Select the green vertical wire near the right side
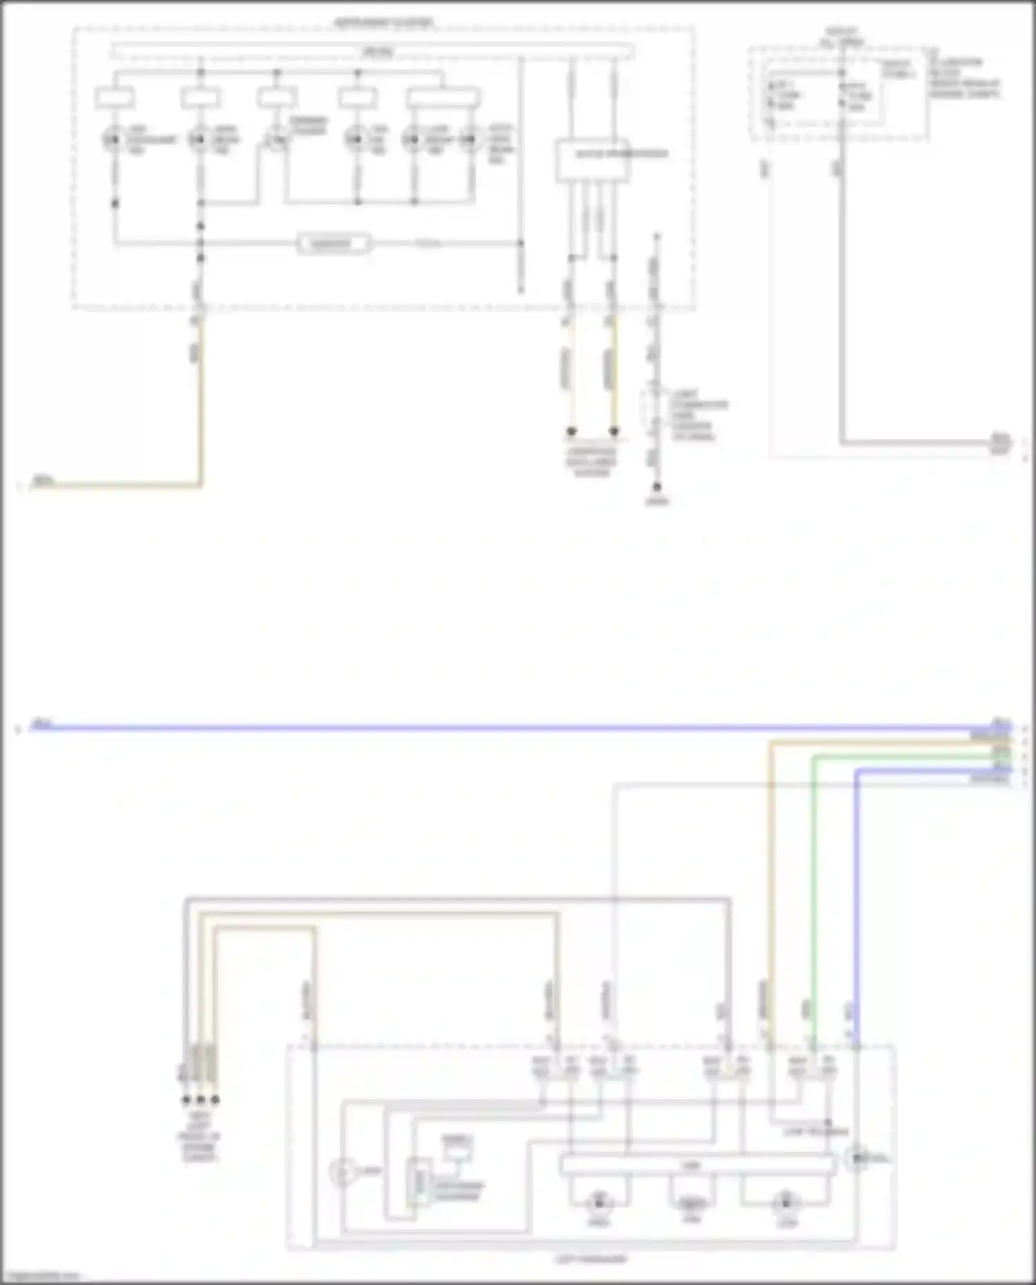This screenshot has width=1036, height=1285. pos(814,898)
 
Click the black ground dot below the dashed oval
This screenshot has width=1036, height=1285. pos(657,487)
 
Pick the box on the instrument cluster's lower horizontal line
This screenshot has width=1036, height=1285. pos(334,244)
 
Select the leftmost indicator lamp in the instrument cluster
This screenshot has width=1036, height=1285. pos(113,139)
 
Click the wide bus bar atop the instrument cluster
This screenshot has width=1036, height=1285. pos(373,51)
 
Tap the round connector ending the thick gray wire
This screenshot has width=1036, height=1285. pos(1000,443)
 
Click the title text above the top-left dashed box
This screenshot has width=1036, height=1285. pos(384,23)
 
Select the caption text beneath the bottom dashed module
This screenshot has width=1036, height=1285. pos(591,1259)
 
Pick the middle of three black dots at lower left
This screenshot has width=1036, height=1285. pos(200,1100)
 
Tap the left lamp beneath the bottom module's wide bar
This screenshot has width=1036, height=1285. pos(599,1203)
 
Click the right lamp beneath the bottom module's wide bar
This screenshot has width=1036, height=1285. pos(785,1203)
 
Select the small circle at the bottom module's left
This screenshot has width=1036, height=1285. pos(342,1173)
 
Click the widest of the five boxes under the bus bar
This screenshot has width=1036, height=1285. pos(443,98)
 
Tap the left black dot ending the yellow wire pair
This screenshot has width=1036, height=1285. pos(571,432)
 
